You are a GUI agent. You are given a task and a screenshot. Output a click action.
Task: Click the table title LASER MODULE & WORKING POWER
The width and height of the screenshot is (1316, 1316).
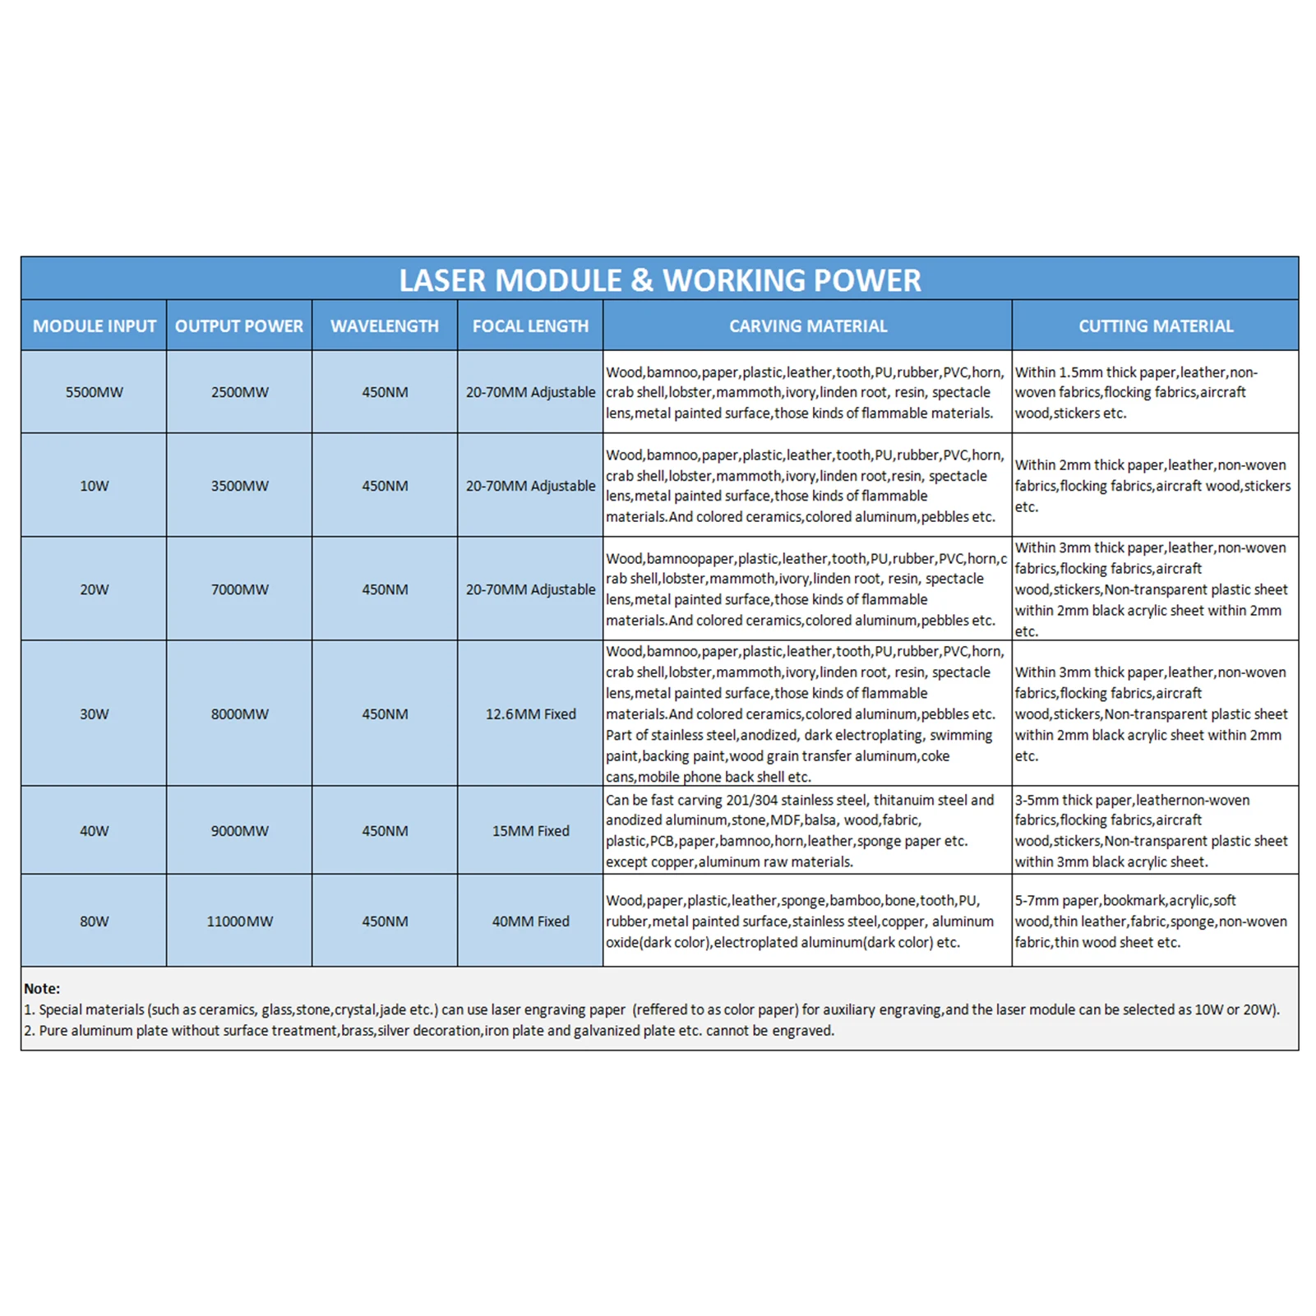659,280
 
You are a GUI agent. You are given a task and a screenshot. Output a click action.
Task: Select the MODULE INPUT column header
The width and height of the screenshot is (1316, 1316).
95,326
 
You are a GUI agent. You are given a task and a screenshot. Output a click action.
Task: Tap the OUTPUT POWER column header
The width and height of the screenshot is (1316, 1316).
239,326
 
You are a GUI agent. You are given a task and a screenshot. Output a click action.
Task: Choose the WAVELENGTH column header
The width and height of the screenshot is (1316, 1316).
385,326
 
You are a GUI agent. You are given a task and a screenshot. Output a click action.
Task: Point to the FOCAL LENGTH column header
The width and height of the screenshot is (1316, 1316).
530,326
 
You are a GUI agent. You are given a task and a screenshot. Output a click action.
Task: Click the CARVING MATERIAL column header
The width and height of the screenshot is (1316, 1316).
808,326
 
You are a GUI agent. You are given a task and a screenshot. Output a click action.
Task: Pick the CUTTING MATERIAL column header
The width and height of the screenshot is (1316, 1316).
1156,326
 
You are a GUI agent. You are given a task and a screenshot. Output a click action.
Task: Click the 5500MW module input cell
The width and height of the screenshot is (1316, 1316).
95,392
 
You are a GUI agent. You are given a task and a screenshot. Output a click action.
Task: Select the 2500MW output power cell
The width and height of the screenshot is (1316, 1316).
239,392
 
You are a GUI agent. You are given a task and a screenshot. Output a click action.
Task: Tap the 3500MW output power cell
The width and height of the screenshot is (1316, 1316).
239,486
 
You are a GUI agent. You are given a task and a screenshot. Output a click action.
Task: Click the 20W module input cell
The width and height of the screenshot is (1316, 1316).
95,589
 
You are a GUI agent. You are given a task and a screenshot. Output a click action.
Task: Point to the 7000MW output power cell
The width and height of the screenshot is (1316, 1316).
239,589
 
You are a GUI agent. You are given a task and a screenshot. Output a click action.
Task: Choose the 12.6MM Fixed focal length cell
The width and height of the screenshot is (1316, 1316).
530,714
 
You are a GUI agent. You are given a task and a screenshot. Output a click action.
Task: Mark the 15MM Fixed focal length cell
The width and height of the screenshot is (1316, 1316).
530,831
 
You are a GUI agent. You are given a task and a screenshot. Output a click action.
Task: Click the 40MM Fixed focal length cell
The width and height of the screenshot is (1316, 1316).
530,921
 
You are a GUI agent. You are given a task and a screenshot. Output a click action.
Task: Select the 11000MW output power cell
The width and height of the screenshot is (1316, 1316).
239,921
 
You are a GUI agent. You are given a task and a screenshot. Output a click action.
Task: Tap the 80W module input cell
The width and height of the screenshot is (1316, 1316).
95,921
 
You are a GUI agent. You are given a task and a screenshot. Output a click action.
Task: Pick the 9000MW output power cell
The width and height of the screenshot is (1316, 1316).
239,831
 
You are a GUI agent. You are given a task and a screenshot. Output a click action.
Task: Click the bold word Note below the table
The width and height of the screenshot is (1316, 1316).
41,989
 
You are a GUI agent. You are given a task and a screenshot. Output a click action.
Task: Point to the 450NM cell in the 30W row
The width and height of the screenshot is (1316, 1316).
385,714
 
